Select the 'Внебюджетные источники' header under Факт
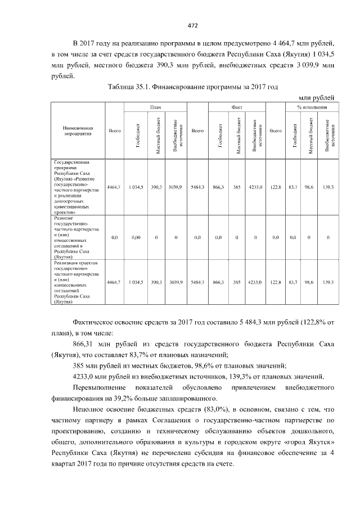(256, 135)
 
